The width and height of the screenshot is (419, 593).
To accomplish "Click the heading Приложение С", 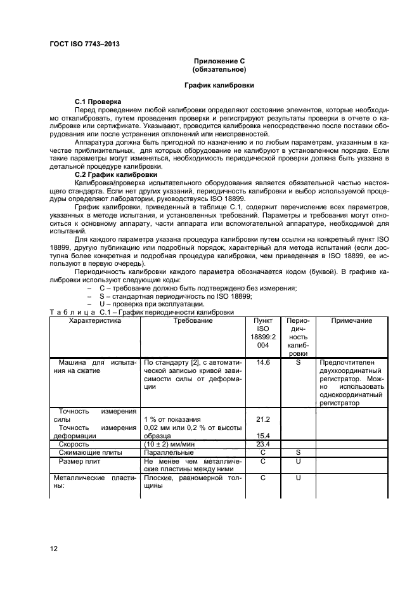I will click(x=219, y=61).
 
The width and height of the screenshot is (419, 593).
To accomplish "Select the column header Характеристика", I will click(x=94, y=321).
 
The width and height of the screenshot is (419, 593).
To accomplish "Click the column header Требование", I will click(x=193, y=321).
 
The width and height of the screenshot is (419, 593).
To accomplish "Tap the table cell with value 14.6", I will click(x=262, y=362).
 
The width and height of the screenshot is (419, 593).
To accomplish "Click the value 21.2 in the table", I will click(x=262, y=419).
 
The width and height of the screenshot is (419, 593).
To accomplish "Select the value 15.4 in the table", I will click(x=262, y=436).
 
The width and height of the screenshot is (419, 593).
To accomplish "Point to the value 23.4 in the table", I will click(x=262, y=445).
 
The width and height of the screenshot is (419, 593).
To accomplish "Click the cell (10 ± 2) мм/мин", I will click(x=170, y=445).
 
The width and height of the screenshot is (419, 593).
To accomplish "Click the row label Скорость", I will click(x=74, y=445).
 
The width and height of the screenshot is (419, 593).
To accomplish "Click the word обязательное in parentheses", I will click(x=219, y=68).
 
